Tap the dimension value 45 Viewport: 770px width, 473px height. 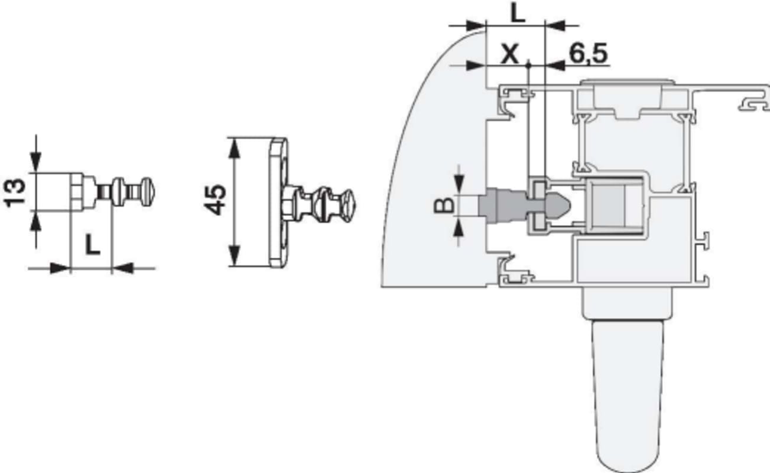[x=215, y=200]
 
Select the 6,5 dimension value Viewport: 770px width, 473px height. [x=588, y=53]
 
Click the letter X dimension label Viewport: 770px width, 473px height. [x=510, y=54]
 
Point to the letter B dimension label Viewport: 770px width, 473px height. [x=444, y=205]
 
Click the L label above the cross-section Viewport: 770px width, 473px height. [x=518, y=14]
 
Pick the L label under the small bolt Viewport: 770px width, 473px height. [x=92, y=245]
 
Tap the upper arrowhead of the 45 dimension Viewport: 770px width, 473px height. [x=234, y=148]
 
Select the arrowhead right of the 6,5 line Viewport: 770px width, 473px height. [x=555, y=65]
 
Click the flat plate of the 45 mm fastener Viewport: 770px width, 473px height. [x=278, y=203]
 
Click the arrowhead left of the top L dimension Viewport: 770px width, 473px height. [x=476, y=25]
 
